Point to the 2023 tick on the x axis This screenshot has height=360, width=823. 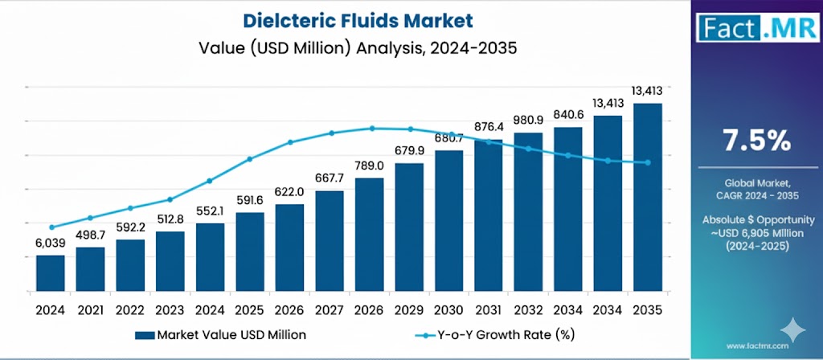pos(170,309)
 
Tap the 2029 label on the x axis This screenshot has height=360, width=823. pos(408,309)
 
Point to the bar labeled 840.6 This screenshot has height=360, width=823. pos(567,208)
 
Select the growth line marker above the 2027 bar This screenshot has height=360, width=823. pos(330,133)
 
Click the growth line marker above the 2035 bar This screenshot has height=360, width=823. pos(648,162)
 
